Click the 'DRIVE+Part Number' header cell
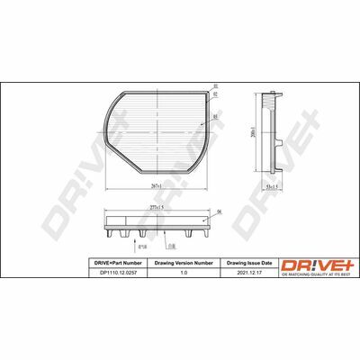click(114, 262)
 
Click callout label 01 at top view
click(216, 86)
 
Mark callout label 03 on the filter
click(216, 115)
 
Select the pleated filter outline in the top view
click(157, 130)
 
